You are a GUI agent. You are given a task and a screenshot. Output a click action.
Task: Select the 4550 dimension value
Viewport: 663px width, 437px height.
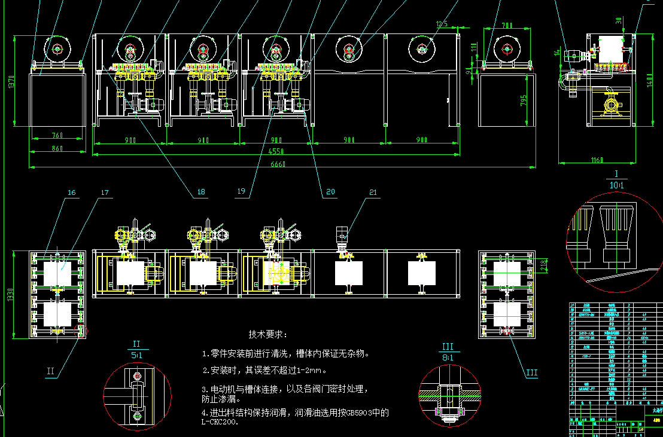[276, 152]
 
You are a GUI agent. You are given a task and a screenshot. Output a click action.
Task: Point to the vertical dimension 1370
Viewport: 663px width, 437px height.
[10, 81]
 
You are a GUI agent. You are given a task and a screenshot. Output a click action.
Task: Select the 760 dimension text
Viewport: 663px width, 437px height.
[57, 135]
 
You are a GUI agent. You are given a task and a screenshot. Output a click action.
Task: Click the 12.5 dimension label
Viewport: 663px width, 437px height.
[442, 24]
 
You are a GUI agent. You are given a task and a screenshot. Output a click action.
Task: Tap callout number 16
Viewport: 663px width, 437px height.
[72, 192]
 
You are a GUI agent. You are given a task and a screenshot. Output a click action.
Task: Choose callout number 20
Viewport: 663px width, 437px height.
[330, 192]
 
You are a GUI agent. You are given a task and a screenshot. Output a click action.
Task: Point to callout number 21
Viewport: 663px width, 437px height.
[373, 192]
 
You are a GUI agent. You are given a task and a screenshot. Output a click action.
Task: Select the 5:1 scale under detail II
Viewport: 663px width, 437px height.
[136, 355]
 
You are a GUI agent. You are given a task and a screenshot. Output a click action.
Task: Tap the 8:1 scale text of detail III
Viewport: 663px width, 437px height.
[447, 357]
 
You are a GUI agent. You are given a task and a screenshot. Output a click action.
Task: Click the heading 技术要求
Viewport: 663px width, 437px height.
[267, 334]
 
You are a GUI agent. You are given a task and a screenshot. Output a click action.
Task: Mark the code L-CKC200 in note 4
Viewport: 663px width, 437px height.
[220, 422]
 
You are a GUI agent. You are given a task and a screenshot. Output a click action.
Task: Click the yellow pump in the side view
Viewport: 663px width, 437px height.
[612, 105]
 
